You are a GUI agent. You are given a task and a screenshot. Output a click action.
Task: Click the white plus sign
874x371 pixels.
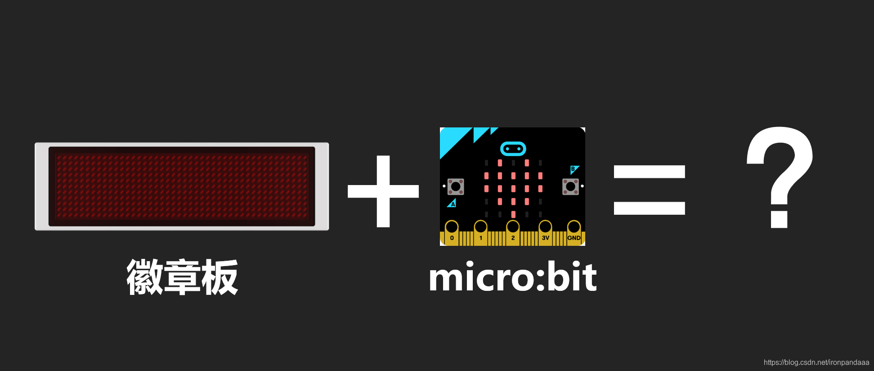383,191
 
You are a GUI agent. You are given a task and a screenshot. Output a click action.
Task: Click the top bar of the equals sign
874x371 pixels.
649,172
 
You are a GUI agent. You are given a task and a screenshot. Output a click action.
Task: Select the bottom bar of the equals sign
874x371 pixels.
649,208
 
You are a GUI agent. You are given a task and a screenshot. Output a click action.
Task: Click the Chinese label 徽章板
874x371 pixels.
182,277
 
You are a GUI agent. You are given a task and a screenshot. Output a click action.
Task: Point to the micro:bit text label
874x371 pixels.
513,277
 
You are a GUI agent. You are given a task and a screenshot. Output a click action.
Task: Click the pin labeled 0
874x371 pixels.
452,228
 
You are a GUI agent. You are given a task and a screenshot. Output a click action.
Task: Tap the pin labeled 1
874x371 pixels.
480,228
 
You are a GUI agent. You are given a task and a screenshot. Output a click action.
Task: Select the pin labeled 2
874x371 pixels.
513,228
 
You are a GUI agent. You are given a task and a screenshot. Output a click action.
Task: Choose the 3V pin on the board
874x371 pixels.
545,228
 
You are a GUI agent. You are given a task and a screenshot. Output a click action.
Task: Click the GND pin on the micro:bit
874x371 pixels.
574,228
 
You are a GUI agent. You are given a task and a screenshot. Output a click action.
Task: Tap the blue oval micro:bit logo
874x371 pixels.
513,149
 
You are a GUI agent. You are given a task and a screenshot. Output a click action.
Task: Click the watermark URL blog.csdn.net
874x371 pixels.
816,362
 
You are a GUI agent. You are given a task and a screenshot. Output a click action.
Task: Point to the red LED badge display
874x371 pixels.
182,186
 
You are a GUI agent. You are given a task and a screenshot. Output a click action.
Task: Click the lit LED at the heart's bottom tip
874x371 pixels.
513,214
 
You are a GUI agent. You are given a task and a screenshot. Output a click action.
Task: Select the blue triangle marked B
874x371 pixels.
574,170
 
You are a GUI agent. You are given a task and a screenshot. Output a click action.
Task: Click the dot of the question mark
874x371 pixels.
779,220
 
